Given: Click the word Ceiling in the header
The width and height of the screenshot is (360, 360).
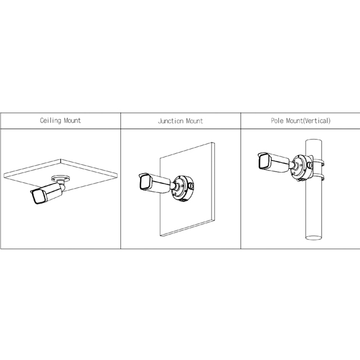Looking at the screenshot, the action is coord(51,120).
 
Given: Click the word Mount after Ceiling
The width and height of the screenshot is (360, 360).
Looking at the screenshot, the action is coord(73,120).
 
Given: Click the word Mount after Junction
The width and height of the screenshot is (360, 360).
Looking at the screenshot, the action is coord(195,121).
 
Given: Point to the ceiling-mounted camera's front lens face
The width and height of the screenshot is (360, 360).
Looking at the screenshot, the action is coord(38,197).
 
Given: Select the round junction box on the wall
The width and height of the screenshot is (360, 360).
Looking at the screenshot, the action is coord(183,188).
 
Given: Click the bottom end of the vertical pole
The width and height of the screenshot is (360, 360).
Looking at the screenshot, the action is coord(314,237).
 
